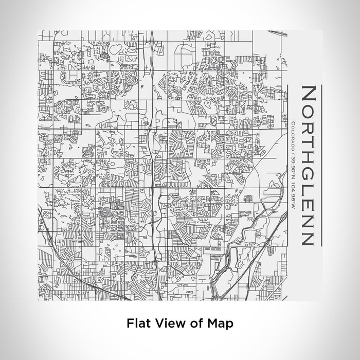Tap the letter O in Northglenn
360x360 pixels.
[x=307, y=111]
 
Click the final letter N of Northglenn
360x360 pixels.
[x=307, y=235]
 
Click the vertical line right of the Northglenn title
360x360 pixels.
[x=320, y=165]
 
